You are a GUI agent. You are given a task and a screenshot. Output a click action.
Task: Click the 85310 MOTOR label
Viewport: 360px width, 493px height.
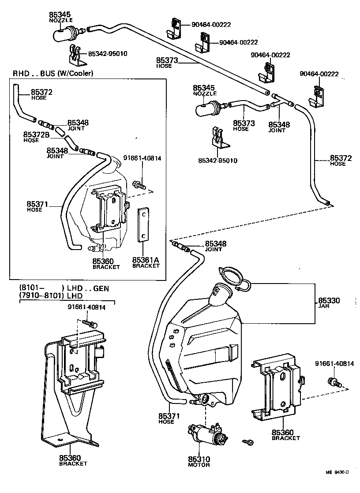(198, 461)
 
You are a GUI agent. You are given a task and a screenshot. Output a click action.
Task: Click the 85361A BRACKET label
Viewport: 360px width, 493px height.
(146, 263)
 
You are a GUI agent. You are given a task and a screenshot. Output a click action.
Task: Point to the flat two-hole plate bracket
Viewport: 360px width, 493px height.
(143, 225)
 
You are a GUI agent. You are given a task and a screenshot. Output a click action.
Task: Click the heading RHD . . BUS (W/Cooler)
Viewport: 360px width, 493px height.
(53, 73)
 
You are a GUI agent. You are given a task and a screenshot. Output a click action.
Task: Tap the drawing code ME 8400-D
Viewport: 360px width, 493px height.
(337, 472)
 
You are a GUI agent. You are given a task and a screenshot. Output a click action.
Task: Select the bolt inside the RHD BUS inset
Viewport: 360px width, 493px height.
(138, 186)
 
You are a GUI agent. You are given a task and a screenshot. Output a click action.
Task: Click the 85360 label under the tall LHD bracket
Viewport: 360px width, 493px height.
(73, 460)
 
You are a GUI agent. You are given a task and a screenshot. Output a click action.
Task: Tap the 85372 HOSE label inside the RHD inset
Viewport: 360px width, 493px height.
(41, 94)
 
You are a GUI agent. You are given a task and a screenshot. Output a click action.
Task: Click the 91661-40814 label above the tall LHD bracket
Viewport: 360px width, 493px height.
(86, 307)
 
